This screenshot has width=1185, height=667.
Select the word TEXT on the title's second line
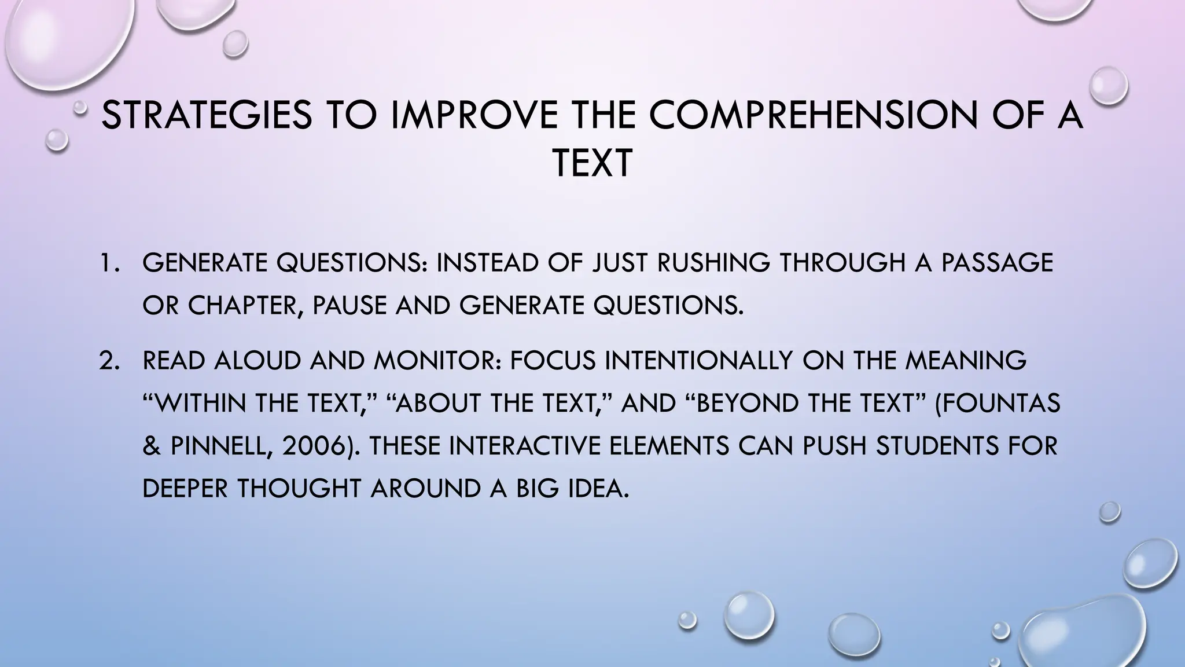(x=592, y=164)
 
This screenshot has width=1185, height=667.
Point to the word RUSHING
(x=713, y=263)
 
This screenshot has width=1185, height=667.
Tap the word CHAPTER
(x=242, y=306)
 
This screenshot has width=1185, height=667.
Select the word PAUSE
(x=350, y=306)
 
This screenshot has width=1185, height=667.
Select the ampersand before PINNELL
(x=151, y=446)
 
